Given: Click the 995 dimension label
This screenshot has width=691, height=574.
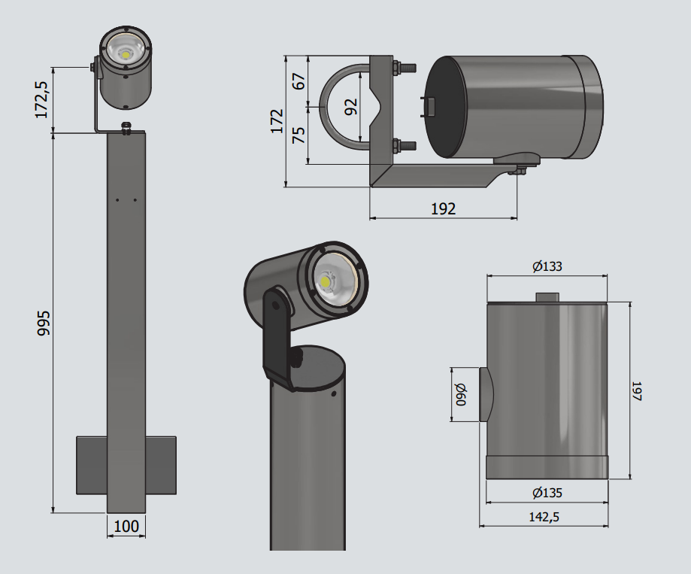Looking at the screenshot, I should (44, 322).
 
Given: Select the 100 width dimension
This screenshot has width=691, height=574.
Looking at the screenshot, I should (126, 526).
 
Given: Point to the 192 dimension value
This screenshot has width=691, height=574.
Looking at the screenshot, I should (444, 208).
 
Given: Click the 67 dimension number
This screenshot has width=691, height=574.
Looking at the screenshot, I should (299, 80).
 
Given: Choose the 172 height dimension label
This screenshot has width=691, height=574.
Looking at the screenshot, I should (277, 120).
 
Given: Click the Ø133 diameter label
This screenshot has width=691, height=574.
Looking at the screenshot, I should (547, 266).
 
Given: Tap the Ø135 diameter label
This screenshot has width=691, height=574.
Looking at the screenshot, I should (547, 494).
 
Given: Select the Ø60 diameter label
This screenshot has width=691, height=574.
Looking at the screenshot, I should (460, 395).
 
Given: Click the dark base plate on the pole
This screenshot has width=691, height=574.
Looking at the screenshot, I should (91, 465).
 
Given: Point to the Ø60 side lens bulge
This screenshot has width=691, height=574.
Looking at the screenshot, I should (485, 395).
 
